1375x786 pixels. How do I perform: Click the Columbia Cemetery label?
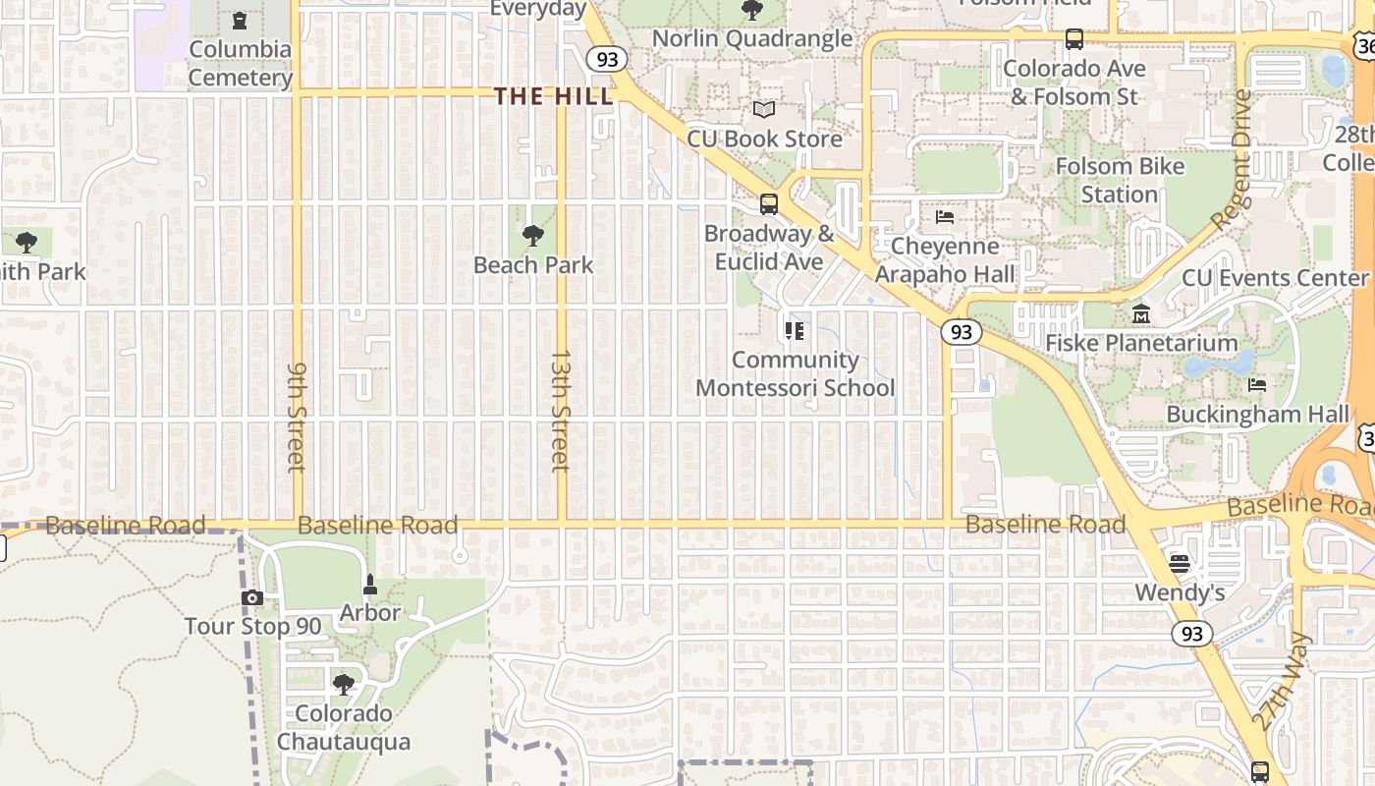click(x=241, y=63)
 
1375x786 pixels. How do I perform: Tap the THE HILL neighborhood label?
click(x=553, y=96)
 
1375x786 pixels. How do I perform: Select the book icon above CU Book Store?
click(x=764, y=110)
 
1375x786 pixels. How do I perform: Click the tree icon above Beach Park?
click(x=533, y=236)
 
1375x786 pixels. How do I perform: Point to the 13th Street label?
click(x=560, y=410)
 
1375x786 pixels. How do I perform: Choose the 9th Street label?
click(x=297, y=417)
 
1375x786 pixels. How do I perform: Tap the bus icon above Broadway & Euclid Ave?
click(x=769, y=204)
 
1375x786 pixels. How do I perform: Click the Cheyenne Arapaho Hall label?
click(x=944, y=259)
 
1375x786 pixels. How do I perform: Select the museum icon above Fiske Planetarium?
click(x=1141, y=314)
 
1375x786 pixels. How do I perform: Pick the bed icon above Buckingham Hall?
click(x=1257, y=385)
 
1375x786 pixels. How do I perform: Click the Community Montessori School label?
click(x=795, y=373)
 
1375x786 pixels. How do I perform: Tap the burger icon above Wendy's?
click(x=1180, y=564)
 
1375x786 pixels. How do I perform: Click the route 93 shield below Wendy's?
click(x=1191, y=634)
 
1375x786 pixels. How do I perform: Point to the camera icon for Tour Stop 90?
click(x=252, y=597)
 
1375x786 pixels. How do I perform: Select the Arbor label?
click(x=369, y=612)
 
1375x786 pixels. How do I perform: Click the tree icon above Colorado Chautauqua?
click(x=343, y=684)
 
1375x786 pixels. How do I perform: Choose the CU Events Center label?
click(x=1275, y=278)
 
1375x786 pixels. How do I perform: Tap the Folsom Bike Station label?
click(x=1120, y=180)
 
